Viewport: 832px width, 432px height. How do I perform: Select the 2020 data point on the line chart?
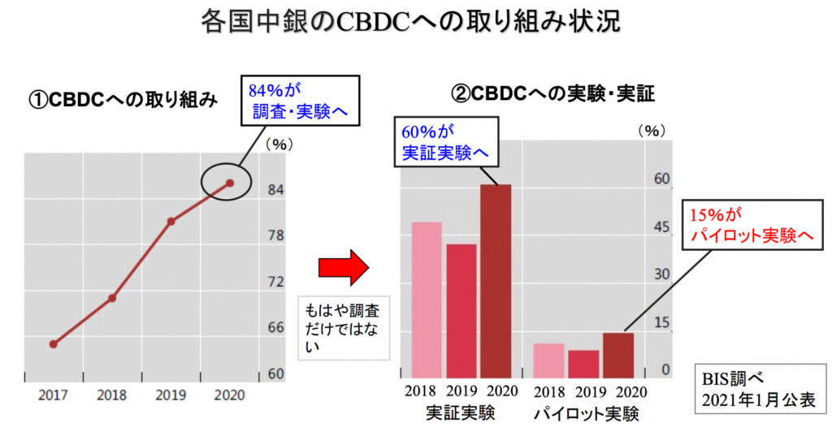230,183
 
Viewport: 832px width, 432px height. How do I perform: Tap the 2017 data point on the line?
53,343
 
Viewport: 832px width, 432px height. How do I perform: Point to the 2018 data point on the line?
112,298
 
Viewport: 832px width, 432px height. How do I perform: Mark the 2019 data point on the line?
171,221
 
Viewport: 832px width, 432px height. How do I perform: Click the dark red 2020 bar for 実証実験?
496,280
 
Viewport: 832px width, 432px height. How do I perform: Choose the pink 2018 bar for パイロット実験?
548,360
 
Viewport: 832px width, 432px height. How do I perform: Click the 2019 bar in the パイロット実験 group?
583,363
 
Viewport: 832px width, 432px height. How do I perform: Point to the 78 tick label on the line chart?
275,236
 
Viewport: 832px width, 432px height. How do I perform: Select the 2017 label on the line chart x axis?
53,395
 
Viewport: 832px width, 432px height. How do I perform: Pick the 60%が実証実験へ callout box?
447,141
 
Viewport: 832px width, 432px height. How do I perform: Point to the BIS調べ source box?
754,389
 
